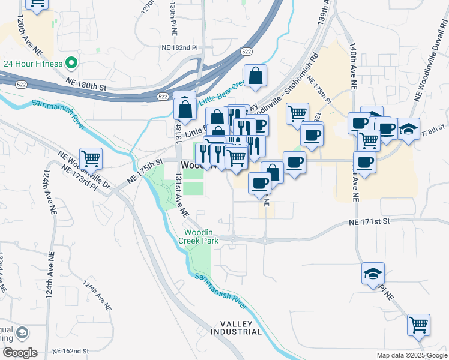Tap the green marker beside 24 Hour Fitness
pos(71,63)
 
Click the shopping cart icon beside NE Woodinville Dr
pos(91,158)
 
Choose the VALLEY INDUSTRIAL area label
pos(236,327)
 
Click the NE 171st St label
pos(370,222)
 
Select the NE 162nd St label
pos(71,350)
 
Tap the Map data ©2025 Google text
pos(411,355)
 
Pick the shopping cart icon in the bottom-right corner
pos(418,325)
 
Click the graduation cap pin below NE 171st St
pos(373,274)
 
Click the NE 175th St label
pos(145,171)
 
